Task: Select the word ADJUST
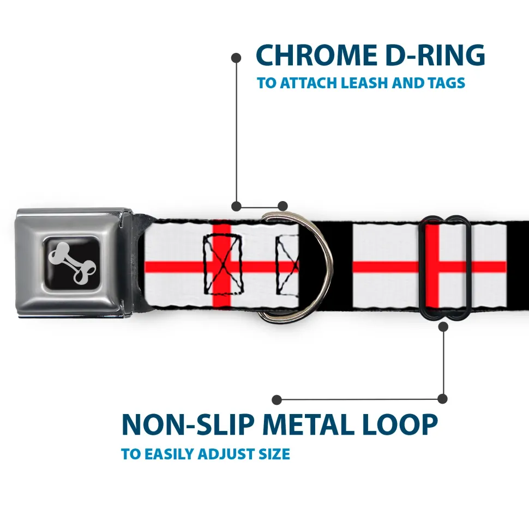tap(221, 454)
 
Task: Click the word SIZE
tap(274, 454)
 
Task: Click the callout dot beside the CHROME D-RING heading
tap(236, 57)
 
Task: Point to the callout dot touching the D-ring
tap(282, 206)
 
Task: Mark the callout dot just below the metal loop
tap(443, 327)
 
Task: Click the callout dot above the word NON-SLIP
tap(277, 399)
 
